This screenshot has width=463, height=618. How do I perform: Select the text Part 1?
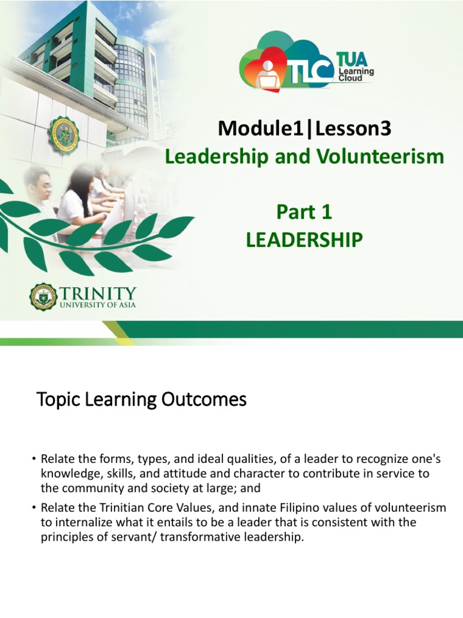(304, 212)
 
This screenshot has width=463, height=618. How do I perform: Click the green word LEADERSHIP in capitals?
(304, 240)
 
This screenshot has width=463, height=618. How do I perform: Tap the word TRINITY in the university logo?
(98, 293)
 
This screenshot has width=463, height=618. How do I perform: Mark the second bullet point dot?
(34, 508)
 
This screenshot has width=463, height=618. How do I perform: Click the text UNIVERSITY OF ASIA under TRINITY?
(98, 305)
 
